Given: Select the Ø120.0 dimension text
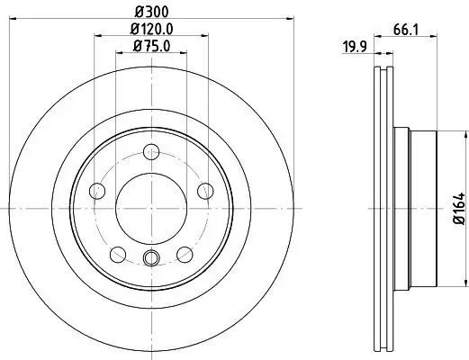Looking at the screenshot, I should click(151, 29).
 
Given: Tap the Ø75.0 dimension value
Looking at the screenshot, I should click(151, 47).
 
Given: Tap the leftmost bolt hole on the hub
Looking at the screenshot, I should click(97, 190).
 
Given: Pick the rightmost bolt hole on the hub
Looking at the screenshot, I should click(205, 190).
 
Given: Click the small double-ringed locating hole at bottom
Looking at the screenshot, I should click(151, 260).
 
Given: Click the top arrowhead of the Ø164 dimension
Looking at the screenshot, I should click(447, 132).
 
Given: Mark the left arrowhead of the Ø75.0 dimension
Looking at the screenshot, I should click(119, 54).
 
